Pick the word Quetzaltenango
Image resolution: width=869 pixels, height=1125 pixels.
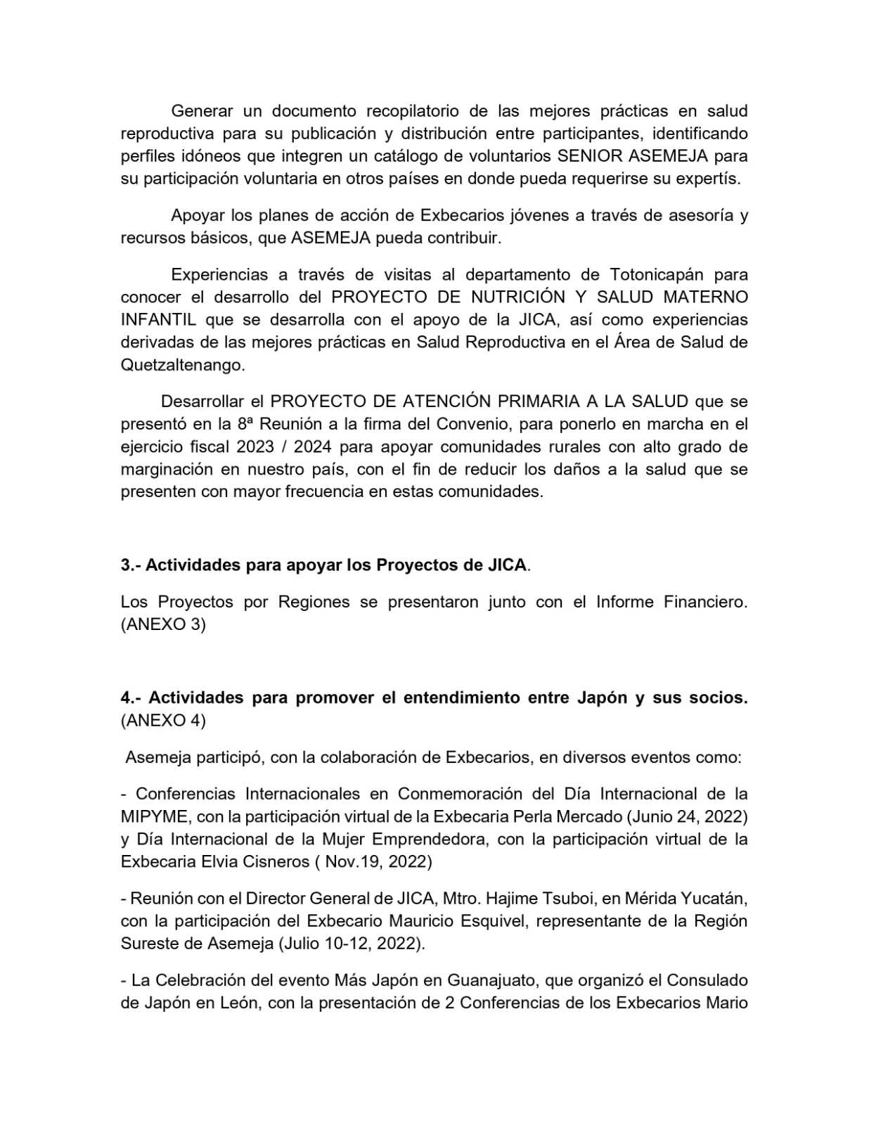(183, 365)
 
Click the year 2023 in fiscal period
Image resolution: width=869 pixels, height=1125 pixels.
(255, 446)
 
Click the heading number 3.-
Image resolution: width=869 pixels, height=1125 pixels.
(131, 565)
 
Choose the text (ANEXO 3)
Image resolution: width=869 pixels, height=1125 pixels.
(163, 624)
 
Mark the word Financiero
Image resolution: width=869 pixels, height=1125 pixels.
(705, 602)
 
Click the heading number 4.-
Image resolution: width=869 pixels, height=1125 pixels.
(131, 697)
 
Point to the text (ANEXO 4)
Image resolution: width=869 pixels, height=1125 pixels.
(163, 721)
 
